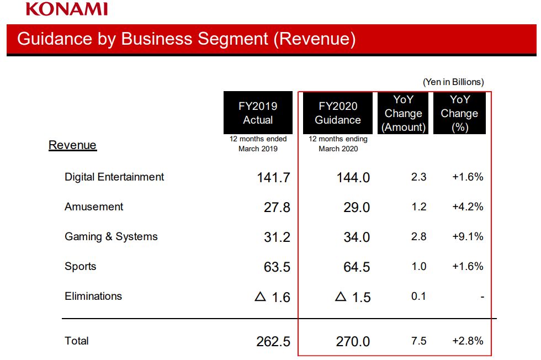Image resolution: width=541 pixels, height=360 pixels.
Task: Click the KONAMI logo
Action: [x=67, y=9]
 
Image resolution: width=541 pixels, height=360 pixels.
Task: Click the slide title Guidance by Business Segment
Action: [x=186, y=39]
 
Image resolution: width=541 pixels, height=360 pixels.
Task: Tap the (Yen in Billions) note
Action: [x=453, y=82]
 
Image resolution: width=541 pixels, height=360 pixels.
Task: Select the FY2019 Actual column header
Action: [x=258, y=113]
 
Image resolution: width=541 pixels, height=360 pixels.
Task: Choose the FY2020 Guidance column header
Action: [x=338, y=113]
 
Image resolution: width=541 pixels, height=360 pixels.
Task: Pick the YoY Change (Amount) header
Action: [x=404, y=113]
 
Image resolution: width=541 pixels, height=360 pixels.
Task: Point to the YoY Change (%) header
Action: [x=459, y=113]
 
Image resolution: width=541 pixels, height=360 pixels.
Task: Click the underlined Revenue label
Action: [x=72, y=145]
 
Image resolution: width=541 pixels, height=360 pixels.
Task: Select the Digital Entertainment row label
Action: [x=114, y=177]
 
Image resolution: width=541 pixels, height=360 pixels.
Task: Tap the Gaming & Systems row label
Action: [x=111, y=237]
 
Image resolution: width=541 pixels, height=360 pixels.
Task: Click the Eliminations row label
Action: [x=93, y=297]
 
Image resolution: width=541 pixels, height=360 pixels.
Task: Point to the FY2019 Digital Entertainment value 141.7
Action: [x=273, y=178]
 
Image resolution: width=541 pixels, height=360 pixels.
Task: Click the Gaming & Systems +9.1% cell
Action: [x=468, y=237]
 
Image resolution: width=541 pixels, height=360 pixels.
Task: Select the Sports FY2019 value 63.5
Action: [x=277, y=267]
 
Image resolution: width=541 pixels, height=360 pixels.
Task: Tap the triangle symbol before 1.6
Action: [x=260, y=297]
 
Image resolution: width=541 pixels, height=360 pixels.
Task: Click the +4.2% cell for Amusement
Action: [x=468, y=207]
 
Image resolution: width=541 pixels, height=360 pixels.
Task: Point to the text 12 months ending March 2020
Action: [x=338, y=144]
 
